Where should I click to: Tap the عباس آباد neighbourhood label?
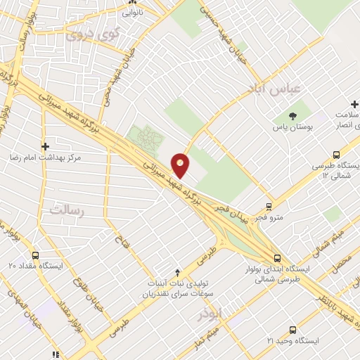click(x=274, y=88)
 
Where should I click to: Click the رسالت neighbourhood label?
click(x=66, y=210)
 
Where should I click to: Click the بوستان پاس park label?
click(x=293, y=128)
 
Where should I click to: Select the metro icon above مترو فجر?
click(x=268, y=206)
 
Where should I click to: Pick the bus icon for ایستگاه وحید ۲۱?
click(x=292, y=329)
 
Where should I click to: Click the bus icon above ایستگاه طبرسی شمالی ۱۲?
click(x=336, y=155)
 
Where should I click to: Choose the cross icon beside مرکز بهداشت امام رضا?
click(x=46, y=147)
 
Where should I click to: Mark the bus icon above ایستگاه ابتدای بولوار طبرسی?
click(x=278, y=257)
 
